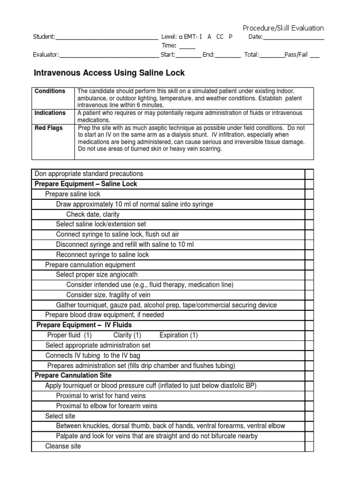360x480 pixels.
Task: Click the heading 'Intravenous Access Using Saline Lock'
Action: tap(110, 73)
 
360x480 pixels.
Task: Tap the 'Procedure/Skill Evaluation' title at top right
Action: tap(283, 28)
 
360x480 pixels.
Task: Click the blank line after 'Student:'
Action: tap(107, 37)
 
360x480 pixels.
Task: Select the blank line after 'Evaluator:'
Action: tap(109, 55)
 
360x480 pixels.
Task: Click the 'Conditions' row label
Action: tap(50, 91)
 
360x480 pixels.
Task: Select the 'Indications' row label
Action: tap(50, 113)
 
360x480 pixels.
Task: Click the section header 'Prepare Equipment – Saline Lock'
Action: tap(86, 184)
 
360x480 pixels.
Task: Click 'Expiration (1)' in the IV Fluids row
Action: tap(179, 335)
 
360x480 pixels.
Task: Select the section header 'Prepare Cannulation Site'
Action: tap(73, 375)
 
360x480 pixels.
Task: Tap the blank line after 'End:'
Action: tap(228, 55)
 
